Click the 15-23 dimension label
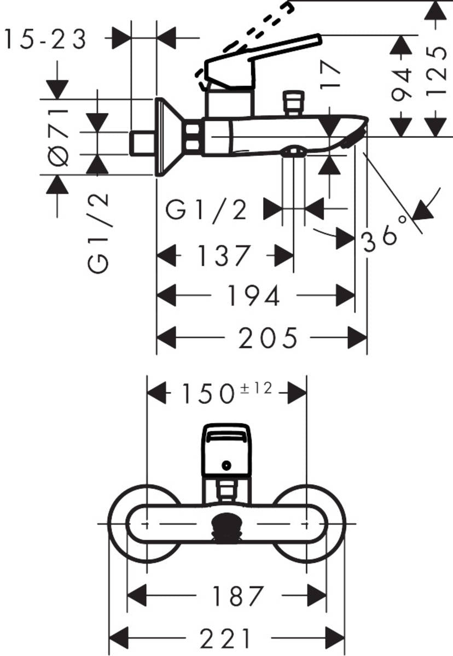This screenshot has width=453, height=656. (x=45, y=39)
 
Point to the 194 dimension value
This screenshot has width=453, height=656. (x=253, y=296)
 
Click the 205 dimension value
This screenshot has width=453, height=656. (x=268, y=337)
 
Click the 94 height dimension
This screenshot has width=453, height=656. (x=403, y=85)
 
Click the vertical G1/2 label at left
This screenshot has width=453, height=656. (x=100, y=232)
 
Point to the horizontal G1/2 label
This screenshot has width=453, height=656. (x=207, y=210)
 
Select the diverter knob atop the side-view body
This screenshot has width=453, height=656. (x=292, y=102)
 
